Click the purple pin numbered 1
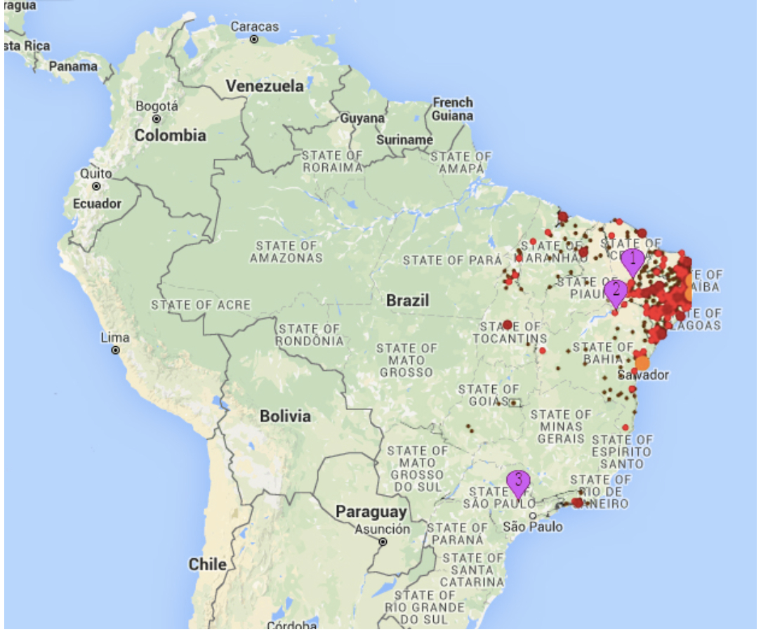(633, 261)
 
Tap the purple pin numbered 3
(518, 483)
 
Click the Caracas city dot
(254, 39)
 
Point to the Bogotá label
(157, 106)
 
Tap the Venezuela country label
(265, 86)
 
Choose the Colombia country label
(170, 136)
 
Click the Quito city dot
(96, 187)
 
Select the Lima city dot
(115, 350)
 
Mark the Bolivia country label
(285, 416)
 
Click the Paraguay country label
(371, 512)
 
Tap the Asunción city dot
(383, 542)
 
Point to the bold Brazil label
(407, 301)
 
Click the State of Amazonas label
(286, 251)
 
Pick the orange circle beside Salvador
(642, 363)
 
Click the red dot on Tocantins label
(507, 324)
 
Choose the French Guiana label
(452, 109)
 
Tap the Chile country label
(207, 564)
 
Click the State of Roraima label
(333, 161)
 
